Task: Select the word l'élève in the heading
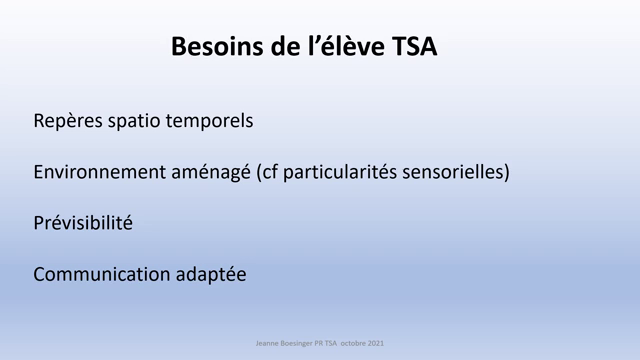click(340, 47)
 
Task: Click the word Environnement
click(97, 172)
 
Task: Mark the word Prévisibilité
click(82, 222)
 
